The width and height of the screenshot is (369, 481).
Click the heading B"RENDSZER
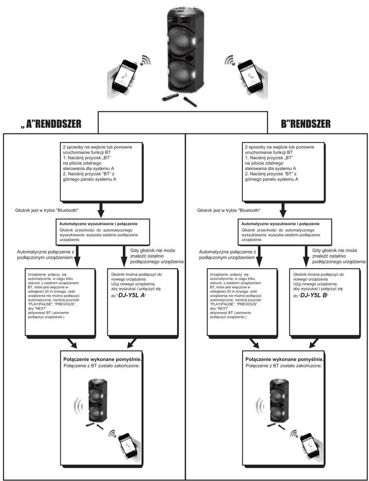tap(306, 124)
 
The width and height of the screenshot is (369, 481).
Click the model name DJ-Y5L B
tap(313, 295)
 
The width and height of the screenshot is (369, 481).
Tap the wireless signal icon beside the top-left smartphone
tap(145, 60)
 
